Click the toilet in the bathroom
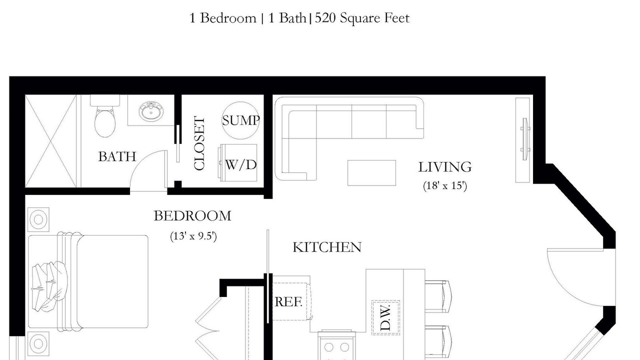pyautogui.click(x=105, y=117)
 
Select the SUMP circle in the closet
pyautogui.click(x=240, y=120)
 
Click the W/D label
pyautogui.click(x=241, y=165)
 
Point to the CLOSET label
pyautogui.click(x=199, y=143)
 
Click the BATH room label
pyautogui.click(x=117, y=156)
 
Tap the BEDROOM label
pyautogui.click(x=192, y=215)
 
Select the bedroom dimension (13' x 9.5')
pyautogui.click(x=193, y=236)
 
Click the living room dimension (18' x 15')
pyautogui.click(x=445, y=185)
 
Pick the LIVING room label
pyautogui.click(x=445, y=167)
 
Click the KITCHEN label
pyautogui.click(x=327, y=247)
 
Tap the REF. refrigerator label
pyautogui.click(x=288, y=301)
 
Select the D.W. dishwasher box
pyautogui.click(x=385, y=317)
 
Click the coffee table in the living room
pyautogui.click(x=371, y=173)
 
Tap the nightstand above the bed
pyautogui.click(x=38, y=219)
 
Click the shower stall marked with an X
pyautogui.click(x=50, y=141)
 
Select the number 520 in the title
pyautogui.click(x=325, y=18)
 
